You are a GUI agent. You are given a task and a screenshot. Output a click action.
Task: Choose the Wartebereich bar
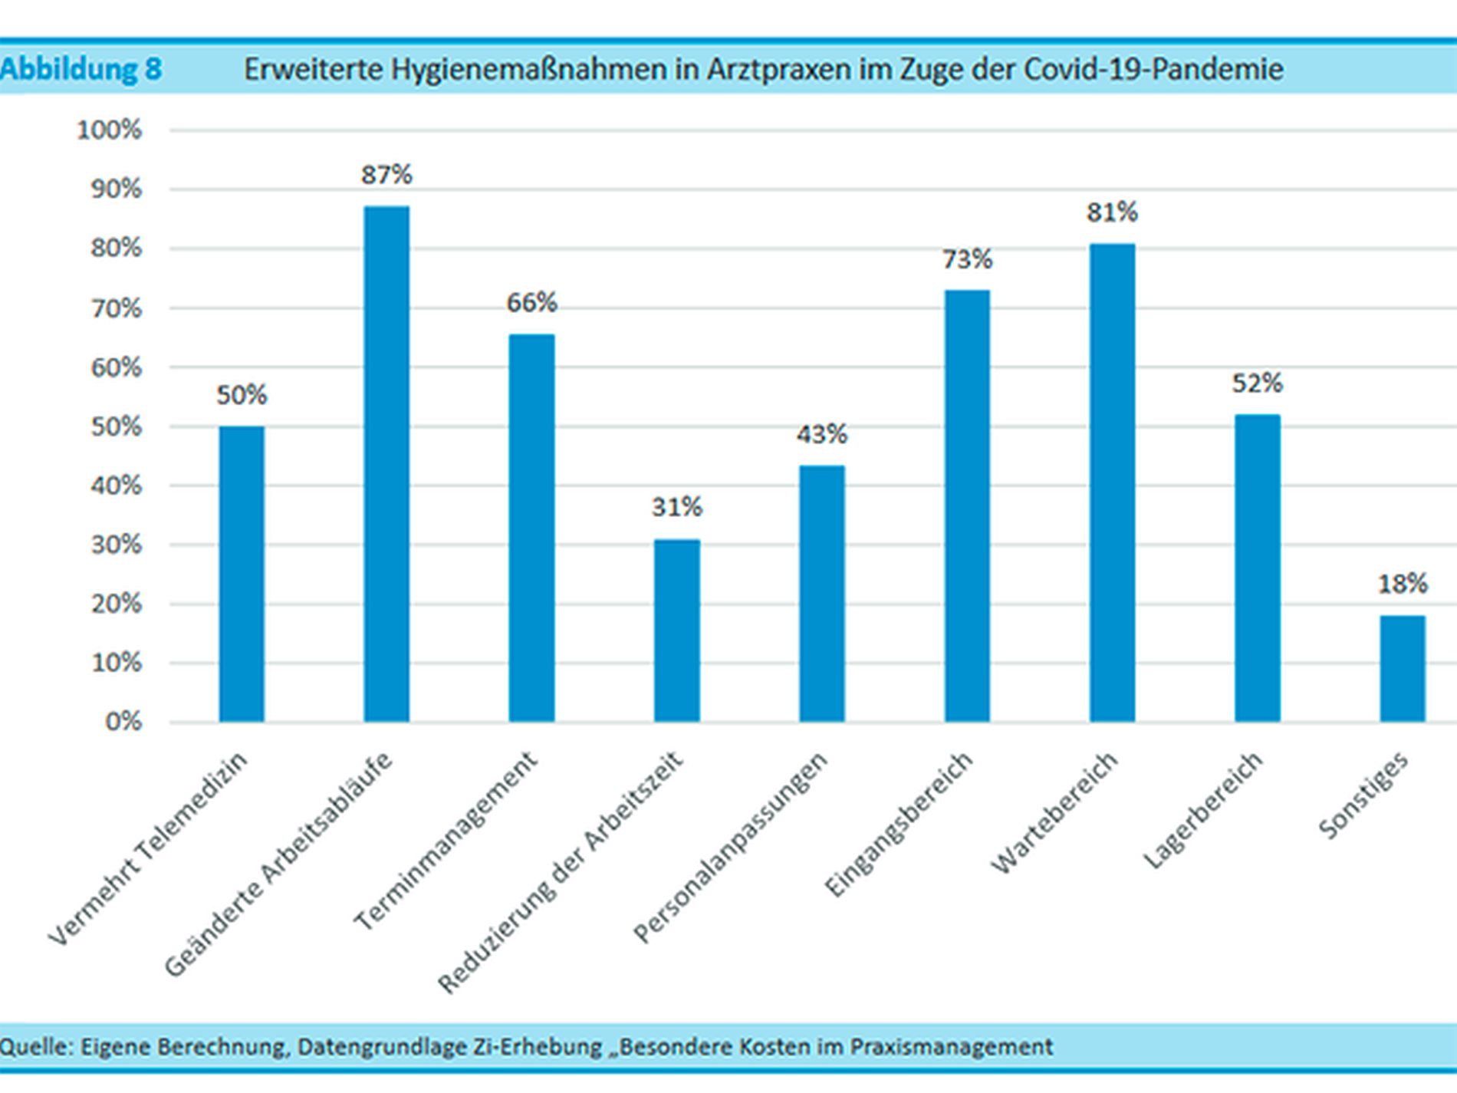[1112, 482]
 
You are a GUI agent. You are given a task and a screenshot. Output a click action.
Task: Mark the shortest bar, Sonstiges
[1403, 668]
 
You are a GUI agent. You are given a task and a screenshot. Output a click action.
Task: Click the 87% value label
[386, 175]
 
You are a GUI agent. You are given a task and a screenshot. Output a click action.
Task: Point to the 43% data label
[821, 434]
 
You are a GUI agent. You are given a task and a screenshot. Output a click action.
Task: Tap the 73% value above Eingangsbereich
[967, 259]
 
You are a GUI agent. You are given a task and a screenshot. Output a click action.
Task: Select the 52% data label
[1257, 383]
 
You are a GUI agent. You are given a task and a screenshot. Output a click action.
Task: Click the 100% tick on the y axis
[110, 130]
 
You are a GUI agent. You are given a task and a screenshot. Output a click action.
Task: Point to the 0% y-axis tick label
[123, 721]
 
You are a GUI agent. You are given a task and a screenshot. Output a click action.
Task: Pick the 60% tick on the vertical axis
[117, 367]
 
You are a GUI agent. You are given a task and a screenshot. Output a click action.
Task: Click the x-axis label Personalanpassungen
[731, 847]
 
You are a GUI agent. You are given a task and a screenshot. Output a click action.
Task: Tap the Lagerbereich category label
[1202, 811]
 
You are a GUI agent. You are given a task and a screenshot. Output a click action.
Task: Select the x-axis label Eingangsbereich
[899, 825]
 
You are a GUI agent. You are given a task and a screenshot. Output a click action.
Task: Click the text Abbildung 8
[81, 69]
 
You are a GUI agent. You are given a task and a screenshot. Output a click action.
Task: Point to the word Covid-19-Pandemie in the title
[1153, 69]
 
